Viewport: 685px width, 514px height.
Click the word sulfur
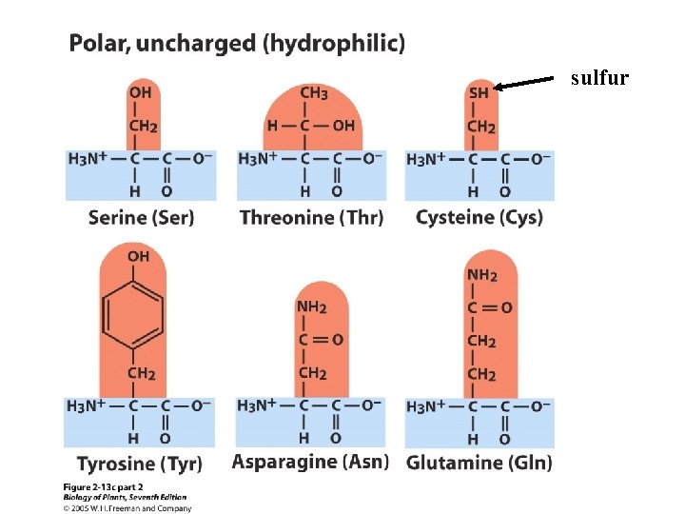(599, 79)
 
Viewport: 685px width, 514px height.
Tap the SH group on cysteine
(479, 93)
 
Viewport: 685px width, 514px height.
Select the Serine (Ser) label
(141, 217)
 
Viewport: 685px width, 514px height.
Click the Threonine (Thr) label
(312, 217)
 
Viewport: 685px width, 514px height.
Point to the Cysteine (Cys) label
(479, 217)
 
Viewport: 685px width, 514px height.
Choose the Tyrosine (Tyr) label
(139, 464)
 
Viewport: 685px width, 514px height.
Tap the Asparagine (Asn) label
(310, 462)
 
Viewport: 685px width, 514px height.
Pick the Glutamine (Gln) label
(479, 463)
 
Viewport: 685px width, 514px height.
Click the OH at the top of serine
(140, 93)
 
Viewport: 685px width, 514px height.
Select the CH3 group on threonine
(314, 93)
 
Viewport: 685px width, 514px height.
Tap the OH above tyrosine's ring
(138, 256)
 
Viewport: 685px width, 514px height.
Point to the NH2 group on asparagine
(311, 307)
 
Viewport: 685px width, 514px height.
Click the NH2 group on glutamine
(481, 275)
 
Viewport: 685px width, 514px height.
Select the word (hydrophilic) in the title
(334, 43)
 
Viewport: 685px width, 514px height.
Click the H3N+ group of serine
(87, 158)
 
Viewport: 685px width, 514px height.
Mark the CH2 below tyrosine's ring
(141, 374)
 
